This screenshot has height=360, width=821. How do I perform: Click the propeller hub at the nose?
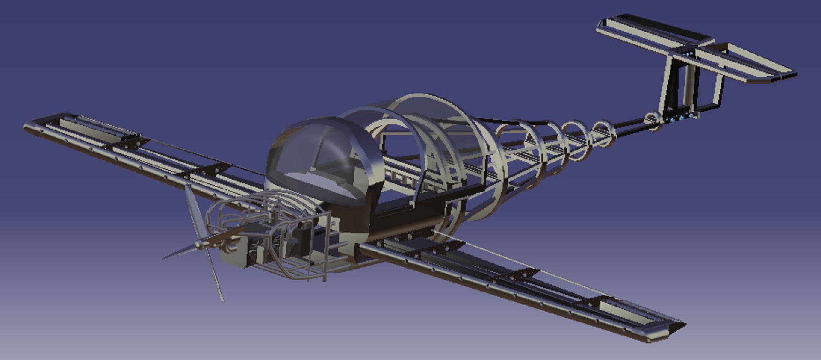coord(199,245)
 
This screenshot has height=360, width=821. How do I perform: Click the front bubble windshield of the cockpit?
coord(316,158)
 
